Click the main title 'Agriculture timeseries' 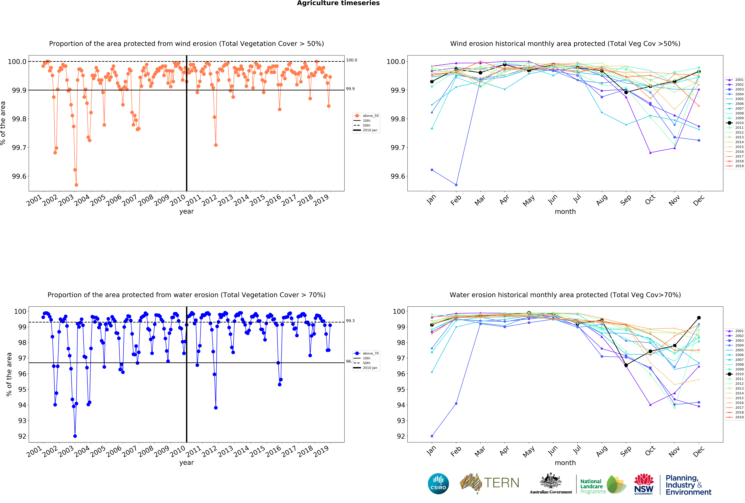pyautogui.click(x=338, y=3)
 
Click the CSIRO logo pyautogui.click(x=438, y=483)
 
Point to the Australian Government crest pyautogui.click(x=550, y=481)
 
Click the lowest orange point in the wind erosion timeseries pyautogui.click(x=76, y=185)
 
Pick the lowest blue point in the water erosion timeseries pyautogui.click(x=75, y=436)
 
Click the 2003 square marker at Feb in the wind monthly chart pyautogui.click(x=456, y=185)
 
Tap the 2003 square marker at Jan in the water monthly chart pyautogui.click(x=432, y=436)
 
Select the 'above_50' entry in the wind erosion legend pyautogui.click(x=370, y=116)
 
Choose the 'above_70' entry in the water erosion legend pyautogui.click(x=370, y=353)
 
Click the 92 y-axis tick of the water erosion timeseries pyautogui.click(x=22, y=436)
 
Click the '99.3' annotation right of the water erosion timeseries pyautogui.click(x=350, y=321)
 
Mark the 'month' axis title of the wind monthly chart pyautogui.click(x=565, y=211)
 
